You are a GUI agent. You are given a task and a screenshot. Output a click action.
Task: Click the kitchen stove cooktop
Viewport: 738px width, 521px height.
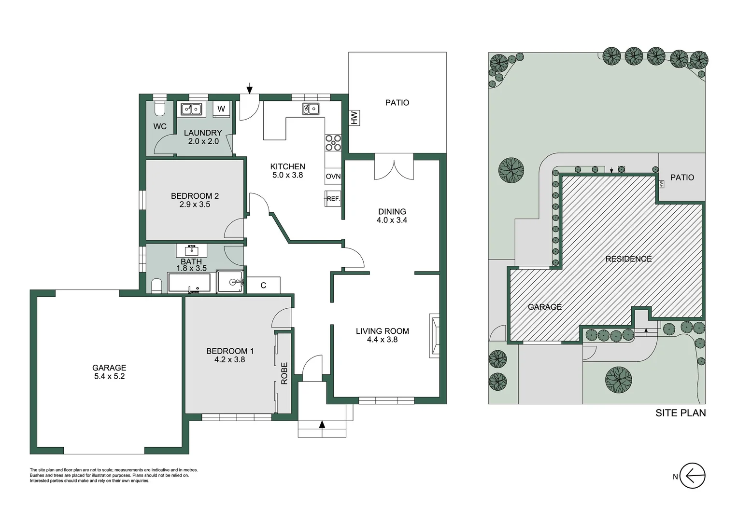click(333, 143)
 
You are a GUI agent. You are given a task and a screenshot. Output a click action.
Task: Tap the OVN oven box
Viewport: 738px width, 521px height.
click(333, 177)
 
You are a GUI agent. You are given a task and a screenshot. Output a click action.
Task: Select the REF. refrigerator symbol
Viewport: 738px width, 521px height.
click(333, 198)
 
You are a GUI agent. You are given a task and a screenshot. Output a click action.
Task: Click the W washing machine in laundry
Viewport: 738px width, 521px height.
click(221, 109)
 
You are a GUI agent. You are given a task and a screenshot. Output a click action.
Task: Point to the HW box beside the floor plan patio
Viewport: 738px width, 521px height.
click(354, 118)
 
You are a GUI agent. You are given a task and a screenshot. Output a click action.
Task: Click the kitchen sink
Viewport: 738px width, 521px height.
click(311, 109)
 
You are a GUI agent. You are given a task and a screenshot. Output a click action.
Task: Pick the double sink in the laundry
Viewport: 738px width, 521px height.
click(191, 109)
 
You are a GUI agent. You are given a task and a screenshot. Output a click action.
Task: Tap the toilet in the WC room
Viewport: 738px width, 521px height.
click(160, 109)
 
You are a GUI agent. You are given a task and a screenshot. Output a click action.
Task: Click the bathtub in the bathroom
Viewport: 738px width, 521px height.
click(189, 282)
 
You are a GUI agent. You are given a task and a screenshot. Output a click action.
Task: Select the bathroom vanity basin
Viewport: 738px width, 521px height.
click(191, 250)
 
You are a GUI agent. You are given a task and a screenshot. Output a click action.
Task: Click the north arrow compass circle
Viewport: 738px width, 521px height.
click(693, 476)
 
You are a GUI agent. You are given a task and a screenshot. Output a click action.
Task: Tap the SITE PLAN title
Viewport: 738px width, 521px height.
click(681, 413)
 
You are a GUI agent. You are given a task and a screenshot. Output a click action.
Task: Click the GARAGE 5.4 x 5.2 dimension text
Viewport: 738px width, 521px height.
click(109, 372)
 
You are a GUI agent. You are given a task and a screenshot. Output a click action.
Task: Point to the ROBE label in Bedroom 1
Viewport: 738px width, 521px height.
click(284, 373)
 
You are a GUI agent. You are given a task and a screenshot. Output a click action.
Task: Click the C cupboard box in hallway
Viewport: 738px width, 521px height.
click(263, 285)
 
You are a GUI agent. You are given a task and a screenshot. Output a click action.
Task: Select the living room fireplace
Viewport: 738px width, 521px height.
click(435, 336)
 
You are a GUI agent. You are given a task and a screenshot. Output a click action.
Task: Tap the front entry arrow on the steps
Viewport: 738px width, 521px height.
click(322, 424)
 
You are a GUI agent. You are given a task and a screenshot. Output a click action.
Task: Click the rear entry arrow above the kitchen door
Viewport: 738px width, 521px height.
click(249, 88)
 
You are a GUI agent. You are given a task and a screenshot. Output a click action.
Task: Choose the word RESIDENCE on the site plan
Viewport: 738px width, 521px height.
click(629, 259)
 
